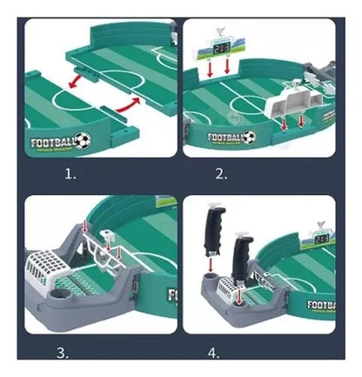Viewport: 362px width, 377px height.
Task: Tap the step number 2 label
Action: point(220,172)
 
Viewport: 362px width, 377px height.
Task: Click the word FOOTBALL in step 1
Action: point(52,141)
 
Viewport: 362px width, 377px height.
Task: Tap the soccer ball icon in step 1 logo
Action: point(81,139)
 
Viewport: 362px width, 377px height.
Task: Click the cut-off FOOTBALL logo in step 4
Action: point(322,306)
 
